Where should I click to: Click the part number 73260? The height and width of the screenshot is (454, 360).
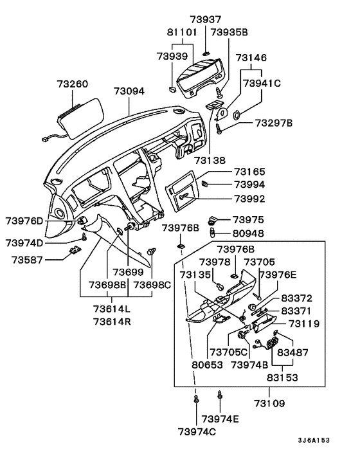[72, 84]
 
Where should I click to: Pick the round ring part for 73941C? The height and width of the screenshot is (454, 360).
[236, 116]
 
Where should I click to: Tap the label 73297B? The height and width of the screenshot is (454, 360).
[273, 122]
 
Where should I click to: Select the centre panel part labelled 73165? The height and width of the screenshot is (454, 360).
[186, 192]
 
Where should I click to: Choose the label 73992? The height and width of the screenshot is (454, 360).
[249, 199]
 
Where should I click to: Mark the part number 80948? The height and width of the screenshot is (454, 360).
[249, 233]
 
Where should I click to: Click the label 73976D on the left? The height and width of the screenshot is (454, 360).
[24, 222]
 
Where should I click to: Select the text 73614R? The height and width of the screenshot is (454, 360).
[113, 321]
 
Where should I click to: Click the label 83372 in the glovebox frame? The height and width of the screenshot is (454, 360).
[296, 298]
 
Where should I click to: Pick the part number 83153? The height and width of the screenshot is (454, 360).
[283, 378]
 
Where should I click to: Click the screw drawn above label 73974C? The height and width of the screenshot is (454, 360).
[196, 401]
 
